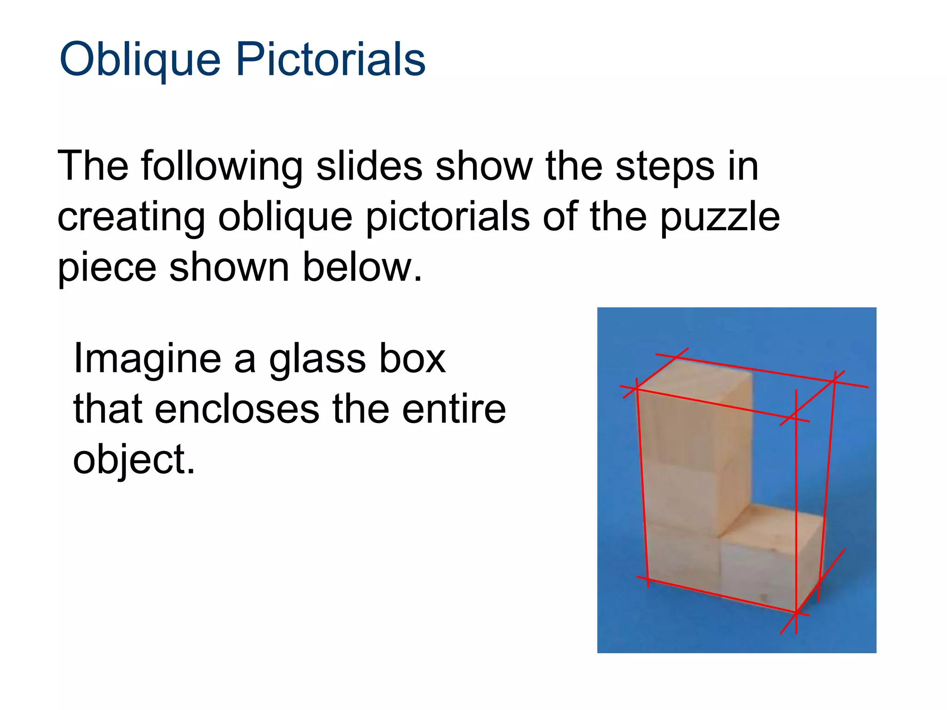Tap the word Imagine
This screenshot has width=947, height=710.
148,359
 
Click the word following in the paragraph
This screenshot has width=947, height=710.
222,167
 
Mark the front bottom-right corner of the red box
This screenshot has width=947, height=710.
796,613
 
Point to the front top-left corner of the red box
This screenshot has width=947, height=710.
637,389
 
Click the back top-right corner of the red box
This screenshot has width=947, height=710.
835,380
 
